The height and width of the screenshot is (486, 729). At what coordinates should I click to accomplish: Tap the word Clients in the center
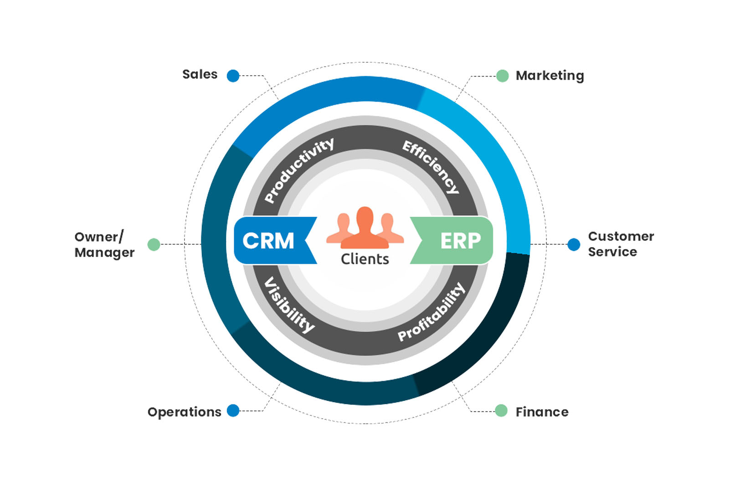pyautogui.click(x=365, y=259)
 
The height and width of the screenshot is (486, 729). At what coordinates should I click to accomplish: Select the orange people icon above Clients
pyautogui.click(x=365, y=228)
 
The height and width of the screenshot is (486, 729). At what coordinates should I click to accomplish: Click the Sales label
pyautogui.click(x=200, y=74)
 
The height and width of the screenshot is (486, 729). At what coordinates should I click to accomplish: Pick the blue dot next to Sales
pyautogui.click(x=233, y=76)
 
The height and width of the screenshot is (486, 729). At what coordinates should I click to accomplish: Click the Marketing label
pyautogui.click(x=549, y=76)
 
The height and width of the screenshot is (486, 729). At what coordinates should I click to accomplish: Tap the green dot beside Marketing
pyautogui.click(x=502, y=76)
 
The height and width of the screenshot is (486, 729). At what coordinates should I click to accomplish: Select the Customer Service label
pyautogui.click(x=621, y=244)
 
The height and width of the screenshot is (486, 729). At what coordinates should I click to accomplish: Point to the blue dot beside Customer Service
pyautogui.click(x=574, y=245)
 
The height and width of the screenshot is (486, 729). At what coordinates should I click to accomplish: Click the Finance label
pyautogui.click(x=542, y=412)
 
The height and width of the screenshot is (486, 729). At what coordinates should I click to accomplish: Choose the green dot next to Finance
pyautogui.click(x=501, y=410)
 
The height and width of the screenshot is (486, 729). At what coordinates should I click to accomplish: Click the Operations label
pyautogui.click(x=184, y=412)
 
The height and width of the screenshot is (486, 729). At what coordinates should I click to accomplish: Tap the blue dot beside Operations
pyautogui.click(x=233, y=410)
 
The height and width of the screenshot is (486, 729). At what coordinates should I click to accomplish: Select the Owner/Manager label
pyautogui.click(x=104, y=245)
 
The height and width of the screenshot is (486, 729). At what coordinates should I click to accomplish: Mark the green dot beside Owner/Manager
pyautogui.click(x=154, y=245)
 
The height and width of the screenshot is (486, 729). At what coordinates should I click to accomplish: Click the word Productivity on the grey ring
pyautogui.click(x=299, y=170)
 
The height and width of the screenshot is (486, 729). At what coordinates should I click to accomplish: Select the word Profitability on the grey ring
pyautogui.click(x=431, y=312)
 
